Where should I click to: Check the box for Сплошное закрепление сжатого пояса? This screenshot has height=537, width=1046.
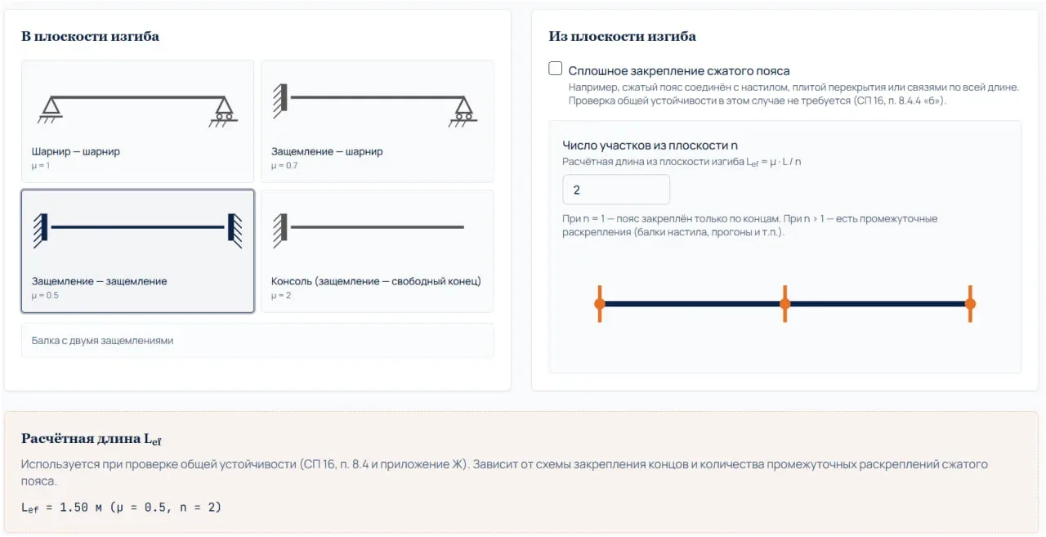pyautogui.click(x=555, y=69)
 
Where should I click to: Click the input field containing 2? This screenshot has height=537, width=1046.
pyautogui.click(x=616, y=190)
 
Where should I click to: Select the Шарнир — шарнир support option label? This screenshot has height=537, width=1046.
pyautogui.click(x=76, y=151)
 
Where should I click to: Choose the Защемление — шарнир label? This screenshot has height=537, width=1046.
pyautogui.click(x=327, y=151)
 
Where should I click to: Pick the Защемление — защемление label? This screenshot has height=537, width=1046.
pyautogui.click(x=99, y=281)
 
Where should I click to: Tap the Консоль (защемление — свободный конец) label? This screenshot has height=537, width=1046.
pyautogui.click(x=376, y=281)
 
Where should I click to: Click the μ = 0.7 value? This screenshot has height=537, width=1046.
pyautogui.click(x=284, y=165)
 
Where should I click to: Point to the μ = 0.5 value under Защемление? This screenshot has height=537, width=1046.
pyautogui.click(x=45, y=295)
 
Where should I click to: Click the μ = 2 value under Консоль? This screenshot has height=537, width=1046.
pyautogui.click(x=280, y=295)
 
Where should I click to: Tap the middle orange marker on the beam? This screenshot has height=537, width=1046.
pyautogui.click(x=785, y=304)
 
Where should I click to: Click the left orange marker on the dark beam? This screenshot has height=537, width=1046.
pyautogui.click(x=600, y=304)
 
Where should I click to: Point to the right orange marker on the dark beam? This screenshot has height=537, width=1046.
pyautogui.click(x=970, y=304)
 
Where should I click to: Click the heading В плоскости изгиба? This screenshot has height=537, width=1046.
pyautogui.click(x=90, y=36)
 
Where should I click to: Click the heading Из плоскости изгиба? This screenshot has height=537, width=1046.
pyautogui.click(x=622, y=36)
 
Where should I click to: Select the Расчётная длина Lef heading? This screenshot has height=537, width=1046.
pyautogui.click(x=91, y=439)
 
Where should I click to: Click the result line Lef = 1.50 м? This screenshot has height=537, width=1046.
pyautogui.click(x=122, y=508)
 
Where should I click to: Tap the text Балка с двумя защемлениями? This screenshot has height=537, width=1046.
pyautogui.click(x=102, y=340)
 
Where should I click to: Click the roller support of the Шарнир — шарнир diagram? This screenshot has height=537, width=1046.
pyautogui.click(x=224, y=111)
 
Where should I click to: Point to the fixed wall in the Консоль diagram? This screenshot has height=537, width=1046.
pyautogui.click(x=280, y=230)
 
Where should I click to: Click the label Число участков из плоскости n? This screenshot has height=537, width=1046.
pyautogui.click(x=650, y=145)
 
